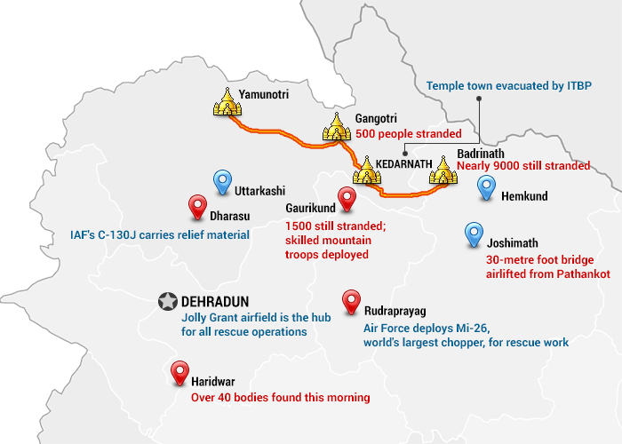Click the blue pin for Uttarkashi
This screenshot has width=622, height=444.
point(221,184)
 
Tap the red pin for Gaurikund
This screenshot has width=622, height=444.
point(346,199)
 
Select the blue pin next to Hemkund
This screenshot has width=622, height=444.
point(486,188)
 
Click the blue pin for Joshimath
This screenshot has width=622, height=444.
point(474,234)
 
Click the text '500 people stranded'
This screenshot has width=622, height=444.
point(408,134)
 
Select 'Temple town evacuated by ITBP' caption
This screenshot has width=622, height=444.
point(508,86)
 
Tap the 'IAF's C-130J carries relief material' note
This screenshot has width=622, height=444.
point(159,235)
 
